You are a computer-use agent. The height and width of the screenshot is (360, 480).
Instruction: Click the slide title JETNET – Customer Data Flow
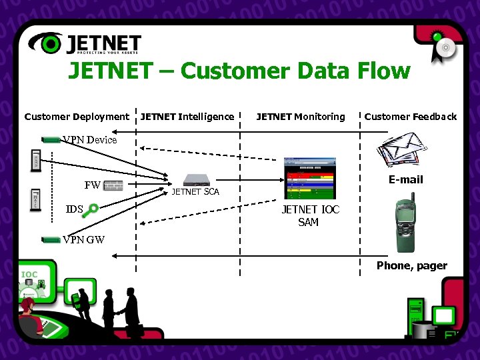239,71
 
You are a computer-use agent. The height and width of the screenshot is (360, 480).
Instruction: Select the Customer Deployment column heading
77,117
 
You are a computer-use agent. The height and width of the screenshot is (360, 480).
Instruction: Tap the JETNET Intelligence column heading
187,117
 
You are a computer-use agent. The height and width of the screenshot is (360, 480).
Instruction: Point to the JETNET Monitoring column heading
301,117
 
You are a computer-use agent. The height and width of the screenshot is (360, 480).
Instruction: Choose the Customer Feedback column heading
410,117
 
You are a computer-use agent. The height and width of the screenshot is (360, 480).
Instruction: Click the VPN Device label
90,139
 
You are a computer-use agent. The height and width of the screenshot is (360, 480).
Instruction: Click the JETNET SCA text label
195,192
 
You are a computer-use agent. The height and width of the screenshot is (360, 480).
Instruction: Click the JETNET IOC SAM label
310,215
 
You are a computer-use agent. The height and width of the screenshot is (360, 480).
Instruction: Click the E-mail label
405,179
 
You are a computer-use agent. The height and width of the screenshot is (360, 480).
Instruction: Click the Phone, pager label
411,265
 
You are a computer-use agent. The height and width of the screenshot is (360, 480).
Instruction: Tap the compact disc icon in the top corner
445,47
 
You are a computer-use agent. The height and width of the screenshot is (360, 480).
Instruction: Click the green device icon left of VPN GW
51,239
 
